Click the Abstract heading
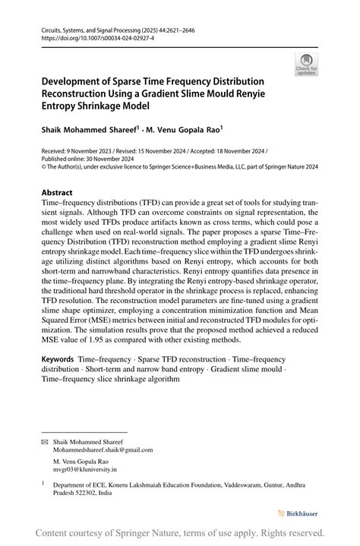58,193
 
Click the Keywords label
57,356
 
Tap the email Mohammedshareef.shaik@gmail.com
103,450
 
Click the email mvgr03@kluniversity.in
87,470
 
